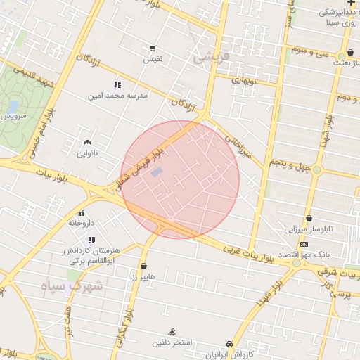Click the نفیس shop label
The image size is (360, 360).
tap(153, 59)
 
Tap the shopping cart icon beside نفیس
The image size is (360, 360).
tap(153, 49)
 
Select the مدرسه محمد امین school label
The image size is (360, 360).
tap(118, 94)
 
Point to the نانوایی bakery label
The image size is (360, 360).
tap(87, 152)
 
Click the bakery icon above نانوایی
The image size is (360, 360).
tap(87, 142)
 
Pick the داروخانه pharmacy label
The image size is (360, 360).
tap(82, 222)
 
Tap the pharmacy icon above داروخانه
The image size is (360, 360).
tap(82, 213)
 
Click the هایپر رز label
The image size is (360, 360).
tap(144, 278)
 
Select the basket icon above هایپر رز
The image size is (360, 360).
tap(144, 266)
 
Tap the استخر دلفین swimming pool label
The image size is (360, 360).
tap(172, 343)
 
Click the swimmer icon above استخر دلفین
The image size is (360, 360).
tap(172, 332)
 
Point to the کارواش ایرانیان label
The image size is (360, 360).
tap(229, 354)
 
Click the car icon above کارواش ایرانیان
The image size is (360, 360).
tap(230, 344)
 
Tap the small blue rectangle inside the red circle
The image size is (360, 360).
tap(157, 172)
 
